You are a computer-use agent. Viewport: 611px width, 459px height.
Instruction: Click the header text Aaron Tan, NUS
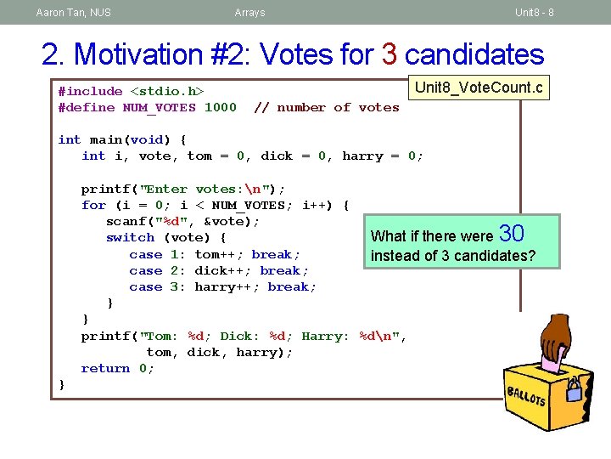(x=73, y=13)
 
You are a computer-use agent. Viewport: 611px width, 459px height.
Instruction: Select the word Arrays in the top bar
(x=249, y=13)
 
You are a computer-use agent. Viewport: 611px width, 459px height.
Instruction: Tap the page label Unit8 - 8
(x=535, y=13)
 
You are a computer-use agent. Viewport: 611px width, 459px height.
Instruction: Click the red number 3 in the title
(x=390, y=54)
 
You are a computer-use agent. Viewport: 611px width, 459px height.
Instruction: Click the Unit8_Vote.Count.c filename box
(x=479, y=88)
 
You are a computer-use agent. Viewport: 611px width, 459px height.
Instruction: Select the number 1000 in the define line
(x=221, y=108)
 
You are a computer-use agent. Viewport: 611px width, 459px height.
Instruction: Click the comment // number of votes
(x=327, y=108)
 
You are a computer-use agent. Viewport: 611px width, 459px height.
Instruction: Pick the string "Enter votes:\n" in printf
(x=208, y=190)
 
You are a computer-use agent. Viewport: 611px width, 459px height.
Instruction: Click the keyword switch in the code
(x=130, y=238)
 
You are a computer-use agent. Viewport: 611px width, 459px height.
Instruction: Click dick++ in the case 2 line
(x=221, y=270)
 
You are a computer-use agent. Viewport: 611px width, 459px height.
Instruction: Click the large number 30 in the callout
(x=513, y=233)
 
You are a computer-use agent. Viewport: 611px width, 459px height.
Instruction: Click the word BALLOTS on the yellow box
(x=526, y=396)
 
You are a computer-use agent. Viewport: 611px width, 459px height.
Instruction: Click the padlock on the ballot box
(x=575, y=389)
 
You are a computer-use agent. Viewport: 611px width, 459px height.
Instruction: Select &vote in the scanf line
(x=232, y=222)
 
